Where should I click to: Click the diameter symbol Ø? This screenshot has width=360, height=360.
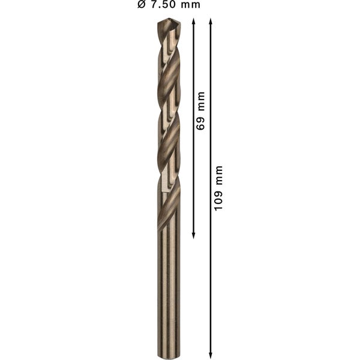click(x=142, y=5)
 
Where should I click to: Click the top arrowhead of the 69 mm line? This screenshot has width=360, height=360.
click(x=194, y=22)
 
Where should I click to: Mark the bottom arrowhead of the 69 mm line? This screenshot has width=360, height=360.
click(x=194, y=235)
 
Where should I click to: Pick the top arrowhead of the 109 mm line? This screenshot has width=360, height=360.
click(x=211, y=22)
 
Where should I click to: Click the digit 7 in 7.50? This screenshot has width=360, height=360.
click(x=155, y=5)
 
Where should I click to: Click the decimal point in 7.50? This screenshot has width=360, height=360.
click(x=160, y=8)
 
